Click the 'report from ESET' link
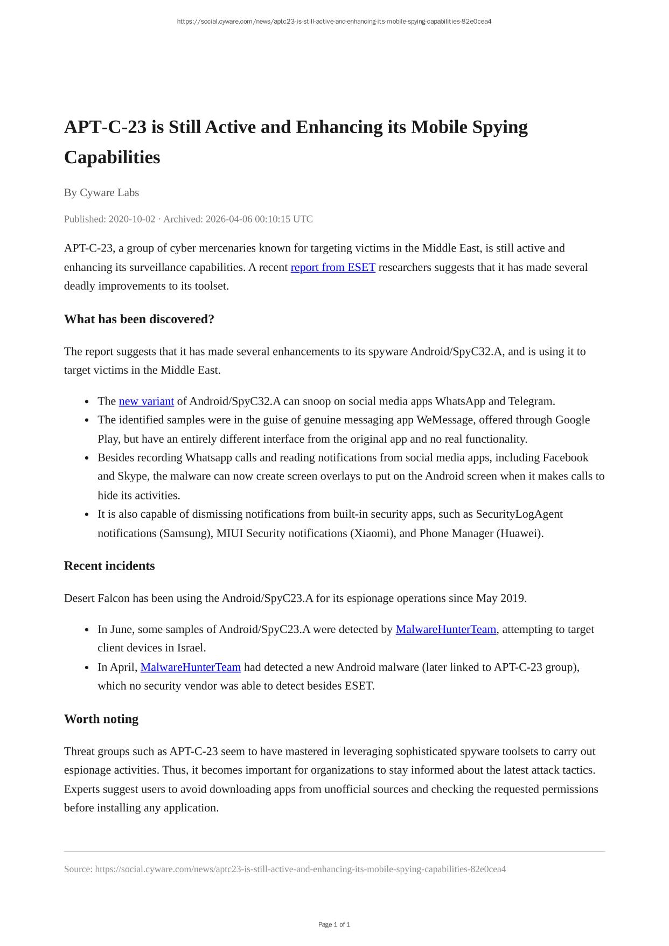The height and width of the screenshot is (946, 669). click(x=332, y=267)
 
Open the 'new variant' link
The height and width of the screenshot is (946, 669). click(x=146, y=401)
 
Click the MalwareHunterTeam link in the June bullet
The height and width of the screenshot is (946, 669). click(x=445, y=629)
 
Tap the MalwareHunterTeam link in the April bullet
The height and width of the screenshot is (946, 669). click(x=190, y=667)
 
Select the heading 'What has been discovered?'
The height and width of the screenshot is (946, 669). click(x=139, y=319)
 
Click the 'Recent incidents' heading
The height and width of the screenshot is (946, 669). click(x=109, y=566)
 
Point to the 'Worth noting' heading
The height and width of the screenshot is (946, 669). click(x=101, y=719)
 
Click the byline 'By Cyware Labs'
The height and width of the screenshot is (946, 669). click(x=101, y=192)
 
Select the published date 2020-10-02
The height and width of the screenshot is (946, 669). click(x=131, y=219)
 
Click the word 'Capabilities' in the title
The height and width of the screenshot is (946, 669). click(x=112, y=157)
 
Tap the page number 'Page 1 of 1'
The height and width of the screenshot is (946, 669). click(x=334, y=924)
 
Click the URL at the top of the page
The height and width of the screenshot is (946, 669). click(x=334, y=22)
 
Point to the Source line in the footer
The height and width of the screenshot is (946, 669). click(x=284, y=869)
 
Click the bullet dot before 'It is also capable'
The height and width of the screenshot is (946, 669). click(x=87, y=514)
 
